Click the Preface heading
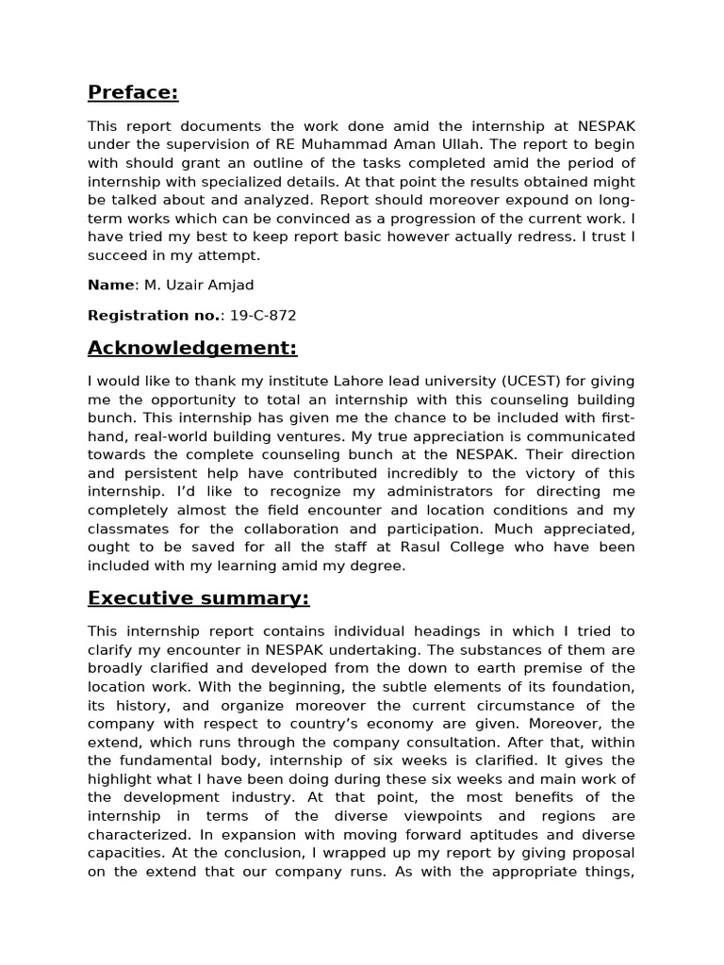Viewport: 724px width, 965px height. pyautogui.click(x=133, y=92)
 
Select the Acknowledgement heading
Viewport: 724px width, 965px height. pyautogui.click(x=192, y=349)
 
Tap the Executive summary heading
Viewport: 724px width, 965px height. pyautogui.click(x=198, y=598)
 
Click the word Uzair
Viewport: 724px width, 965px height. pyautogui.click(x=187, y=285)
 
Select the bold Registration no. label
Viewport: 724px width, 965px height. pyautogui.click(x=153, y=316)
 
